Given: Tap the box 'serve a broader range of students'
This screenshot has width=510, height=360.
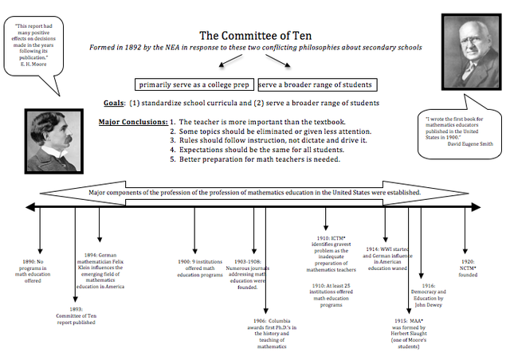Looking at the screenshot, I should [315, 84].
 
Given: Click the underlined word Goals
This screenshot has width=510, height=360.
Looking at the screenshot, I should [113, 104].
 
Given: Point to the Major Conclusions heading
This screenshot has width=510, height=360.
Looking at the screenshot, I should [132, 122].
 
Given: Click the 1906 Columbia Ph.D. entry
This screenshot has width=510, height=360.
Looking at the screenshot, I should [270, 335].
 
